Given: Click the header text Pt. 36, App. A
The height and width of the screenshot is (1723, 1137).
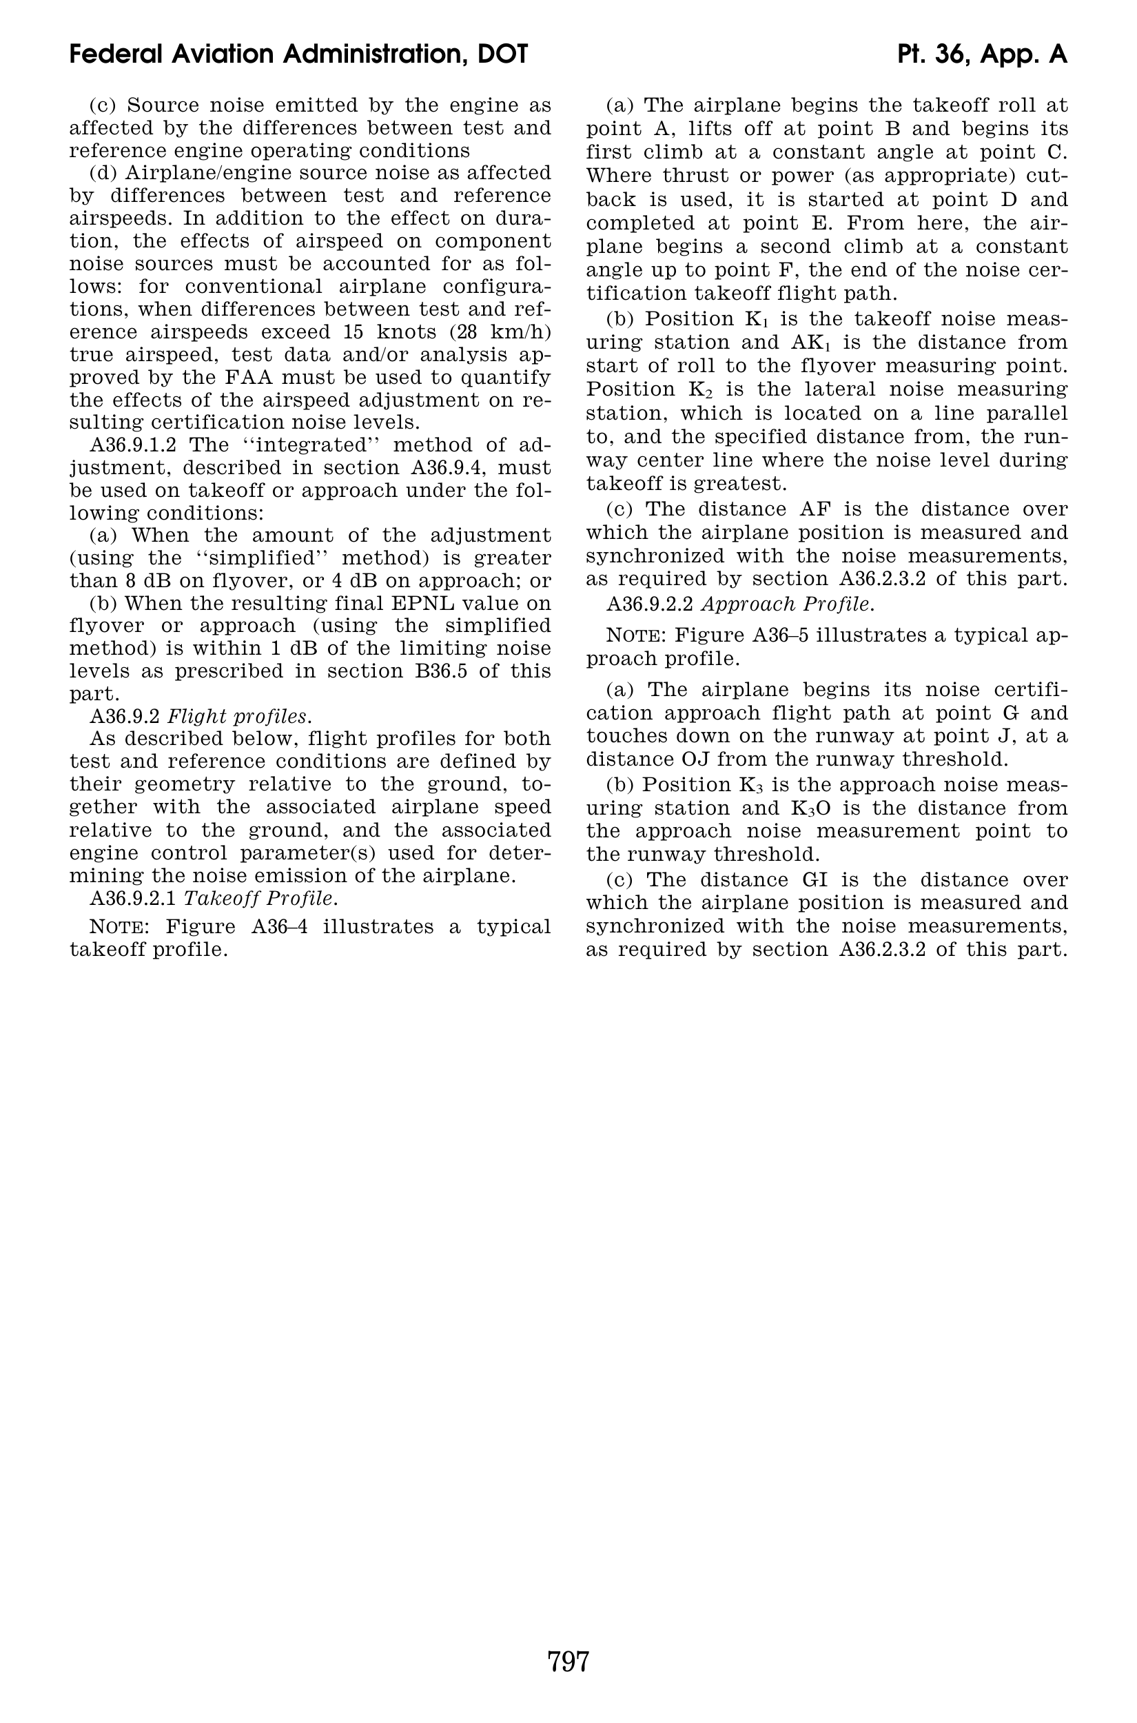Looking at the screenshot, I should tap(982, 54).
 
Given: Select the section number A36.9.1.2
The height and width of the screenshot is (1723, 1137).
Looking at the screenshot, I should tap(133, 445).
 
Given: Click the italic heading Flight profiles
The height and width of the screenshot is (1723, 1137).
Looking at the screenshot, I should tap(239, 717).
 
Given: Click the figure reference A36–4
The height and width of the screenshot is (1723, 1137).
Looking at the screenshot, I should tap(280, 927).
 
